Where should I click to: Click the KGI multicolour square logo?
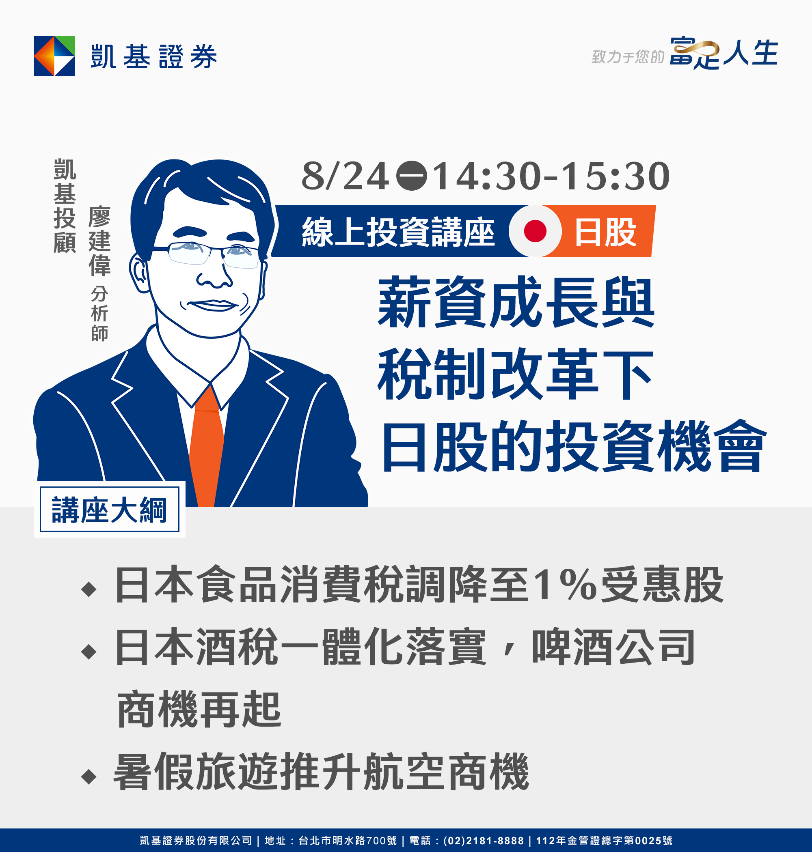coord(54,56)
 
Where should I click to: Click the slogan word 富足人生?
coord(724,53)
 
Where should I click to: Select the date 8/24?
coord(345,176)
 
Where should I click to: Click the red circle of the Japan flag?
coord(535,231)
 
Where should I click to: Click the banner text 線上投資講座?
coord(398,232)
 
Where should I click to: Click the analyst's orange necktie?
coord(207,446)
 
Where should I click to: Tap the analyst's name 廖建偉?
coord(99,241)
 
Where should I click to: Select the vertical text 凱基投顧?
coord(65,206)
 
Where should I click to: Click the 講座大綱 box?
coord(110,510)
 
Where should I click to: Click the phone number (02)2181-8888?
coord(484,840)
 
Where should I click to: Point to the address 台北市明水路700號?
coord(348,840)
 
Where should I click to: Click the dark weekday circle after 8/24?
coord(412,176)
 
